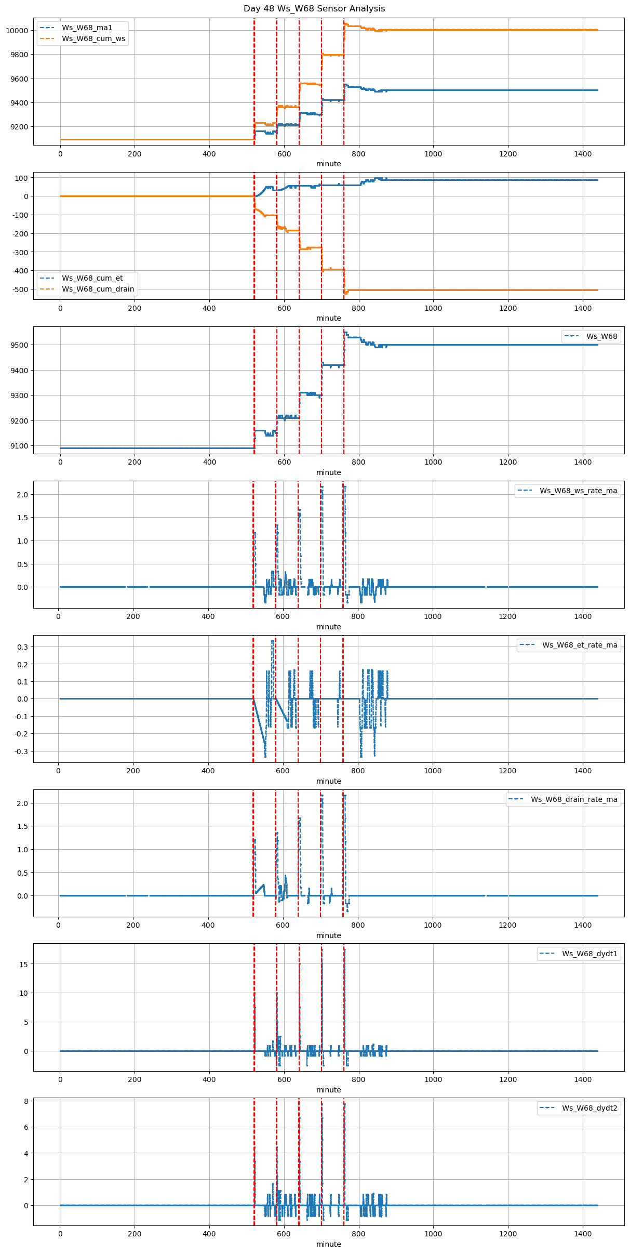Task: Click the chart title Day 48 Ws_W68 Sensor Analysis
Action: pos(314,9)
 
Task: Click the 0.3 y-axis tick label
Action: pos(23,647)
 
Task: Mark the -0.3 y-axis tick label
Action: pos(21,751)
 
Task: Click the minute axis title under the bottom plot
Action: pos(329,1244)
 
